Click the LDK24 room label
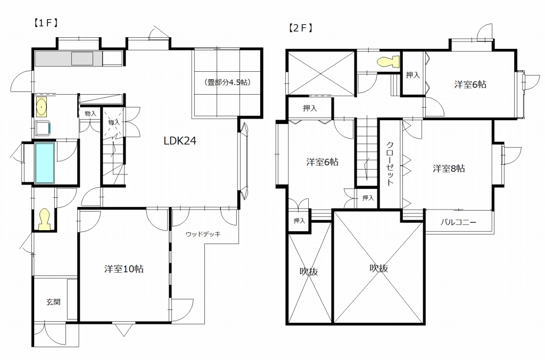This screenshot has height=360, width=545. (180, 140)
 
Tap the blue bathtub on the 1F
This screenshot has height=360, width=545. (45, 163)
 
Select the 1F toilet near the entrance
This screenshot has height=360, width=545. (44, 220)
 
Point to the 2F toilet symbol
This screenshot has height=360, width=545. (389, 62)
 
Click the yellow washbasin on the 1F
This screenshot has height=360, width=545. (42, 106)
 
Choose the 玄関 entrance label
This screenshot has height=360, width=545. (54, 302)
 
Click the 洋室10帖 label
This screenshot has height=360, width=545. (123, 269)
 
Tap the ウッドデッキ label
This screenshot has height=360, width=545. (203, 234)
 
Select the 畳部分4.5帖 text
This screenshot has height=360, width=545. (228, 82)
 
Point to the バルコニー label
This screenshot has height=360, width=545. (458, 222)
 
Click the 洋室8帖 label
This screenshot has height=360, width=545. (449, 169)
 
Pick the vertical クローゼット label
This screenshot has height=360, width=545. (390, 163)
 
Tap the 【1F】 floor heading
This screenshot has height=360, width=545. (46, 23)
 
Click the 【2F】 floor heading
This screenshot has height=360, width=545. (301, 28)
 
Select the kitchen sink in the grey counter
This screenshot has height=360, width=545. (82, 58)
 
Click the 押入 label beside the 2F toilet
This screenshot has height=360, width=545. (413, 74)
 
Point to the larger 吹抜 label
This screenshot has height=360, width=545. (379, 269)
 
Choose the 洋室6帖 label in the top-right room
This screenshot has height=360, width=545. (470, 85)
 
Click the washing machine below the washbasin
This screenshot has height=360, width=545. (43, 128)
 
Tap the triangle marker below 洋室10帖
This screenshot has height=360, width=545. (123, 330)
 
